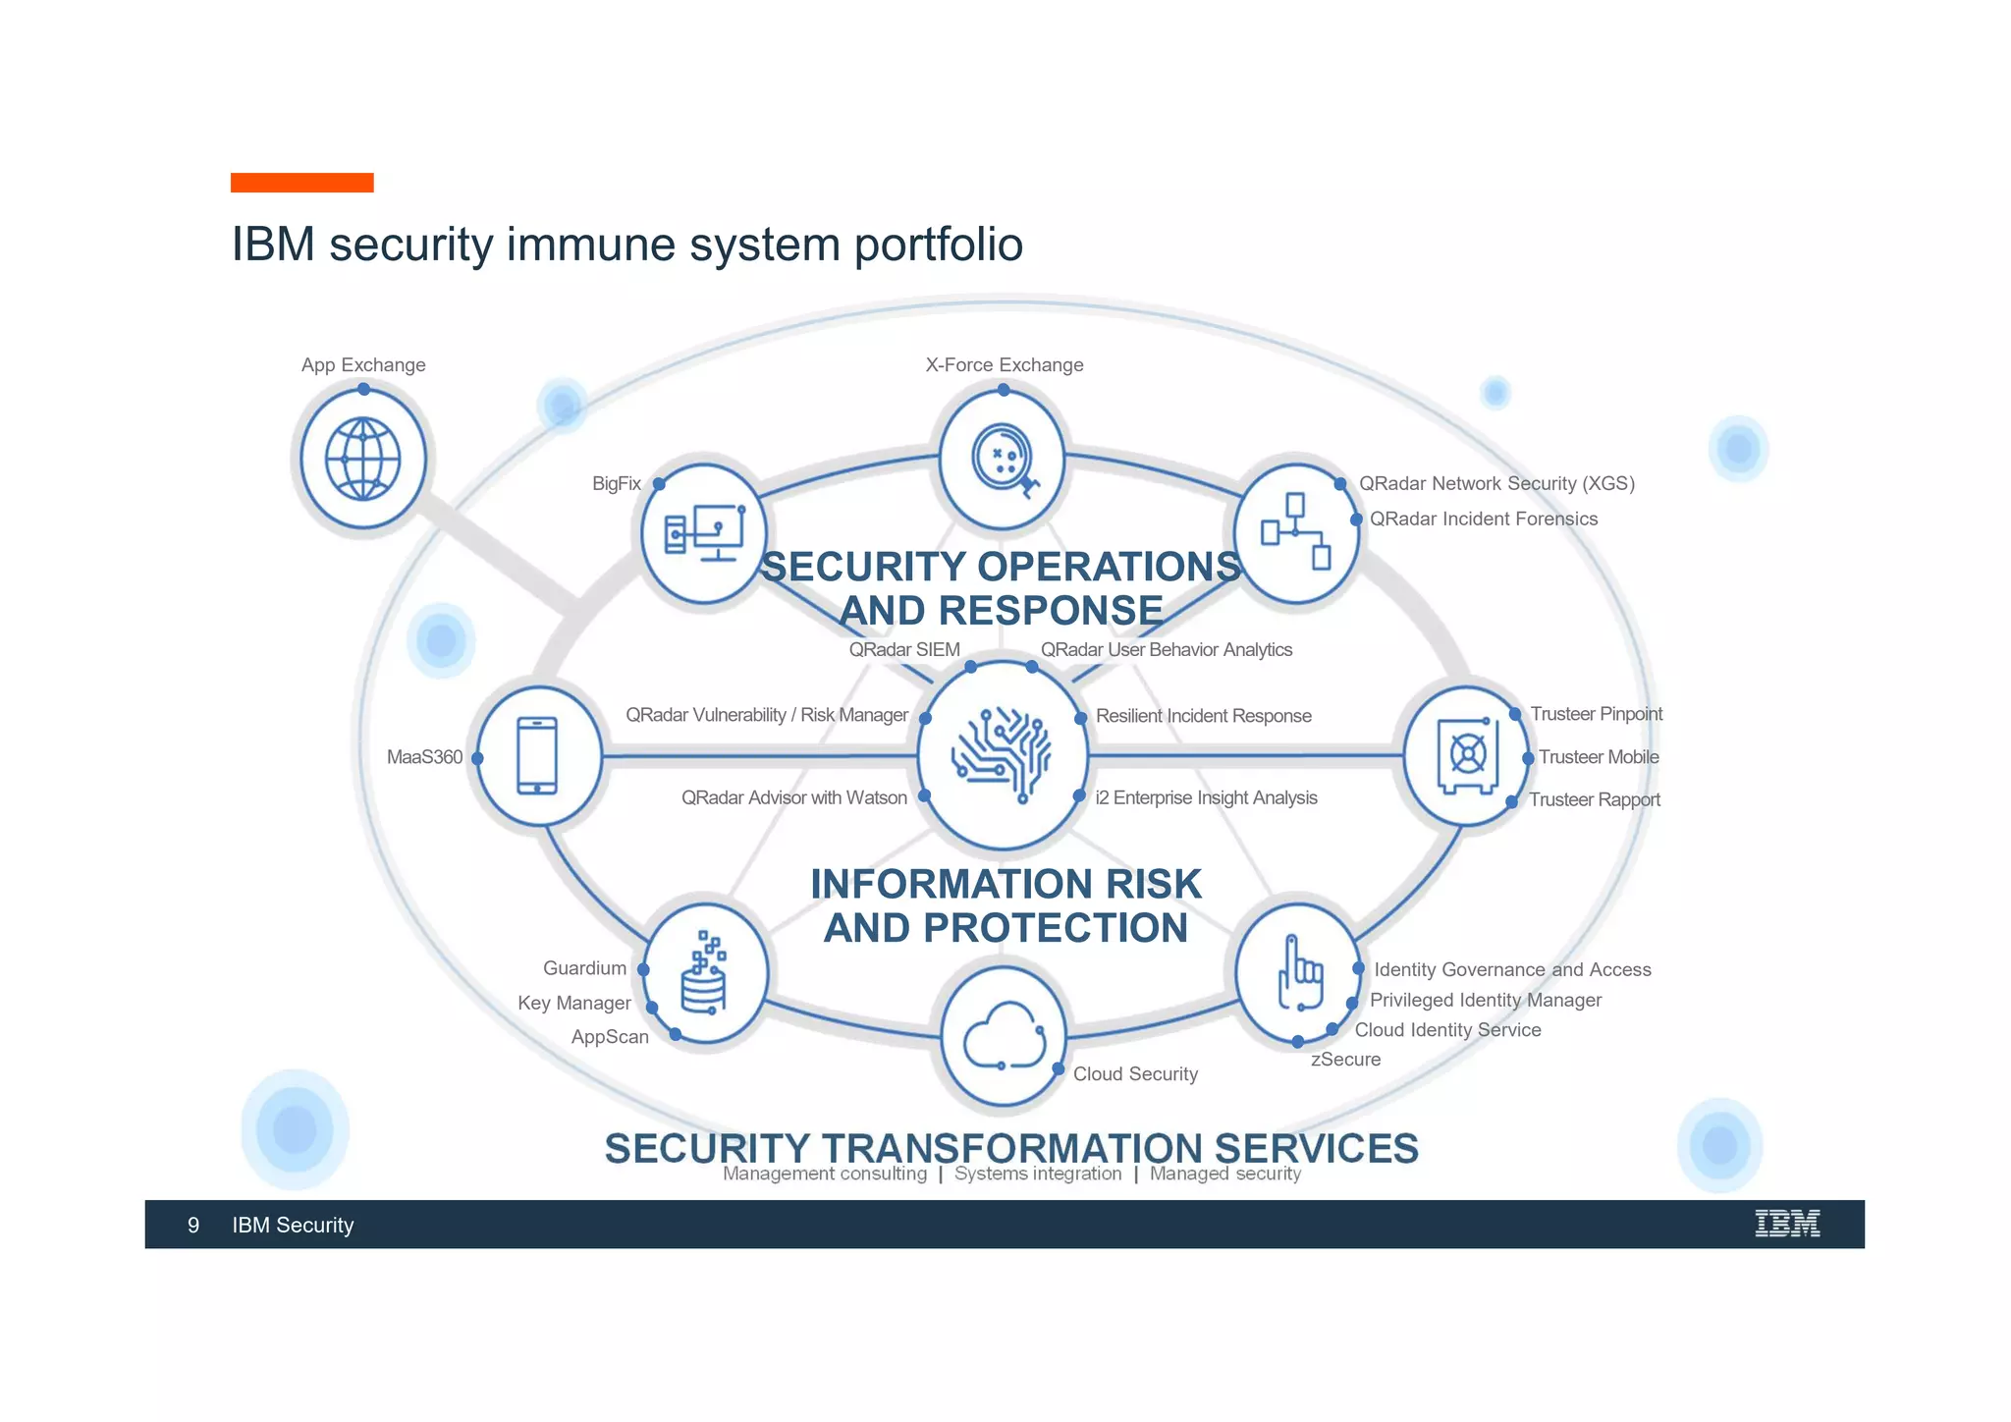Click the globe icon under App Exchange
pyautogui.click(x=362, y=460)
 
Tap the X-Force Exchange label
pyautogui.click(x=1004, y=365)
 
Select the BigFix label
pyautogui.click(x=616, y=483)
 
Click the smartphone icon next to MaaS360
pyautogui.click(x=537, y=755)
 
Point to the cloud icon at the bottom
pyautogui.click(x=1004, y=1037)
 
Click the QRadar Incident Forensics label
pyautogui.click(x=1483, y=519)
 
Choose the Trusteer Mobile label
pyautogui.click(x=1599, y=757)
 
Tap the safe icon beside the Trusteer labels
pyautogui.click(x=1467, y=755)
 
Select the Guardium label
pyautogui.click(x=584, y=968)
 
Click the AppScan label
pyautogui.click(x=610, y=1037)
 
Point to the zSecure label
pyautogui.click(x=1345, y=1060)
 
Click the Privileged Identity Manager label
pyautogui.click(x=1485, y=1000)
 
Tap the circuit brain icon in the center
pyautogui.click(x=1002, y=754)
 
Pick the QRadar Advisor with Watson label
pyautogui.click(x=793, y=797)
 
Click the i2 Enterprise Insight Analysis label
pyautogui.click(x=1206, y=797)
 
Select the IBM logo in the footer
pyautogui.click(x=1787, y=1224)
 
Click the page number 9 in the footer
pyautogui.click(x=193, y=1225)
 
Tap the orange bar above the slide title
pyautogui.click(x=301, y=183)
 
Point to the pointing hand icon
pyautogui.click(x=1298, y=973)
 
